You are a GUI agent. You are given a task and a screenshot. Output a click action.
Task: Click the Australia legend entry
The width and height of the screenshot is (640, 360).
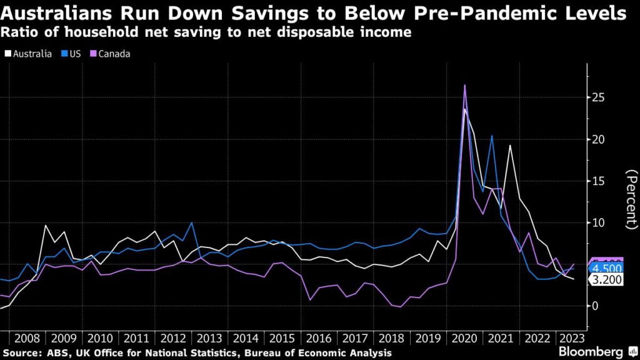pos(31,54)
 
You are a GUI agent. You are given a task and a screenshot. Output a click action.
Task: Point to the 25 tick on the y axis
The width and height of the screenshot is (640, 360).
pos(599,97)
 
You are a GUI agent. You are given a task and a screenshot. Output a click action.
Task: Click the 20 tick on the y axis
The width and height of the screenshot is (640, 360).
pos(599,139)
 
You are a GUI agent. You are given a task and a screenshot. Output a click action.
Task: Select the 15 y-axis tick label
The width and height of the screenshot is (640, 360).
pos(599,181)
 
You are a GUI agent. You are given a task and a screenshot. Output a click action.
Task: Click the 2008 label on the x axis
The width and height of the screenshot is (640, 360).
pos(27,339)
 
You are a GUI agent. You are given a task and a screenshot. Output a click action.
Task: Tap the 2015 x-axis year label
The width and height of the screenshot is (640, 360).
pos(281,339)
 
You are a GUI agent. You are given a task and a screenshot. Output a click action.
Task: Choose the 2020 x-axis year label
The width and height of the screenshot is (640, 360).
pos(463,339)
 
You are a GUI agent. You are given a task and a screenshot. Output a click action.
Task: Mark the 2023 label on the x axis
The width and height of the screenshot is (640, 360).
pos(572,339)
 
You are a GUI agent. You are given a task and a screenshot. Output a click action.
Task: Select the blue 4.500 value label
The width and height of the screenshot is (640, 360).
pos(606,267)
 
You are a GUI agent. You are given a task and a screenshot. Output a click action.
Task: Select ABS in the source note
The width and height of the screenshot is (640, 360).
pos(61,353)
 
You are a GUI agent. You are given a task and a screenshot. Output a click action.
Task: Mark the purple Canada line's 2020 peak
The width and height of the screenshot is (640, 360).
pos(465,85)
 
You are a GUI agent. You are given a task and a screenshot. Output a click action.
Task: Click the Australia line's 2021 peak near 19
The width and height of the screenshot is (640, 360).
pos(510,145)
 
